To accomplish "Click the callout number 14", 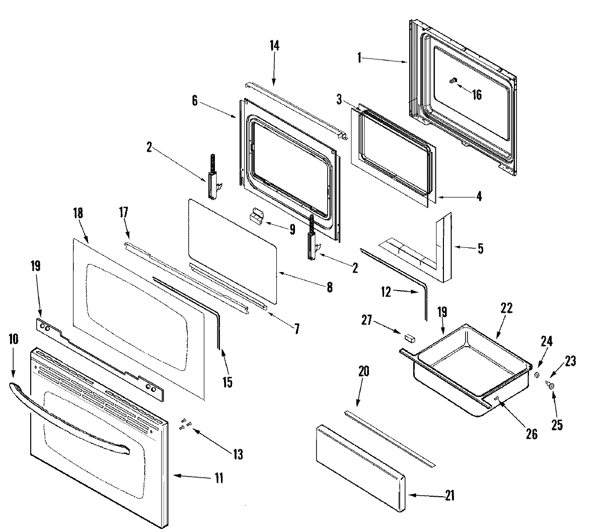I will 274,45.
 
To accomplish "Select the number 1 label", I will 359,58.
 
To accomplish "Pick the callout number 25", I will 556,425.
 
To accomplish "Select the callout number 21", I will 449,496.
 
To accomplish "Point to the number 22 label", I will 506,308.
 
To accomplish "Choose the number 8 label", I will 330,288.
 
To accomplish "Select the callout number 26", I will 532,434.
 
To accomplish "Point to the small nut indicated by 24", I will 536,375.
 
